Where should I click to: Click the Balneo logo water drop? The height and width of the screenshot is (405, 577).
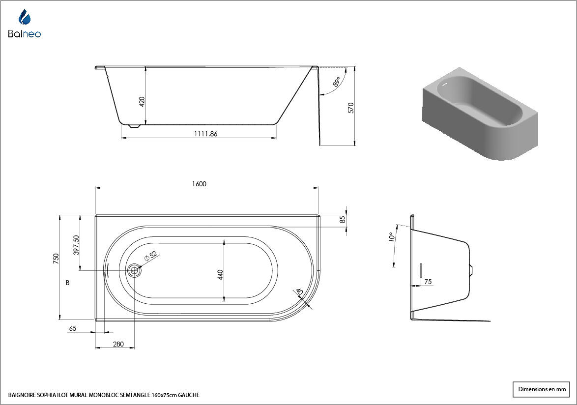tap(25, 17)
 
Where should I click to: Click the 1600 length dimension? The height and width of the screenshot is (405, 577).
tap(199, 184)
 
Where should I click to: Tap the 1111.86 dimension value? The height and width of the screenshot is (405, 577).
tap(206, 134)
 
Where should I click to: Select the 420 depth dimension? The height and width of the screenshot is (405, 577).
tap(142, 102)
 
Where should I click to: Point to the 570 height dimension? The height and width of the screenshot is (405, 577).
tap(351, 108)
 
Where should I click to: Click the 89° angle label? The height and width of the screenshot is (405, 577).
tap(336, 82)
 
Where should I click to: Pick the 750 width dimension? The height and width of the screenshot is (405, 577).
tap(56, 259)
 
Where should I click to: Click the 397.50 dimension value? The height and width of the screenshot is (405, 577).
tap(76, 245)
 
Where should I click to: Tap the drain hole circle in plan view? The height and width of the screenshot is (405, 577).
tap(134, 271)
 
